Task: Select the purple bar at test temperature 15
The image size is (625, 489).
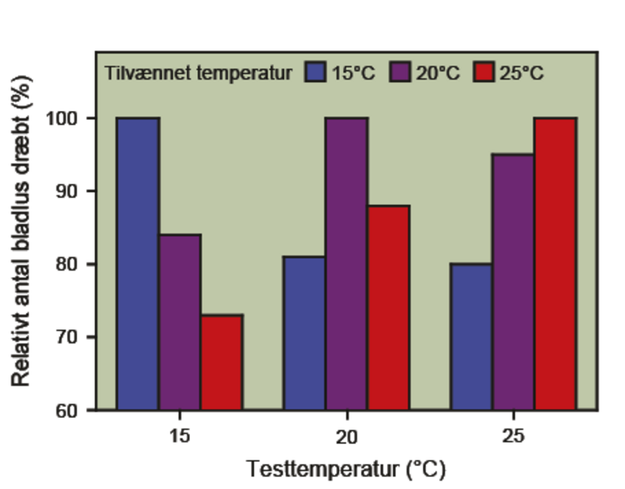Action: (180, 322)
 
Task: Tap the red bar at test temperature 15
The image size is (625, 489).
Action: (222, 362)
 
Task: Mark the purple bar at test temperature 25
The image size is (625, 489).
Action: (513, 281)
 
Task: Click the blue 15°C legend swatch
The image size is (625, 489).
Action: (315, 73)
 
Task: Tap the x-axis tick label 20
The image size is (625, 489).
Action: (346, 436)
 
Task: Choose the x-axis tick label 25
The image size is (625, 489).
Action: (513, 436)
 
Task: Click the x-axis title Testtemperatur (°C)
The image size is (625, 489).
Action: (346, 469)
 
